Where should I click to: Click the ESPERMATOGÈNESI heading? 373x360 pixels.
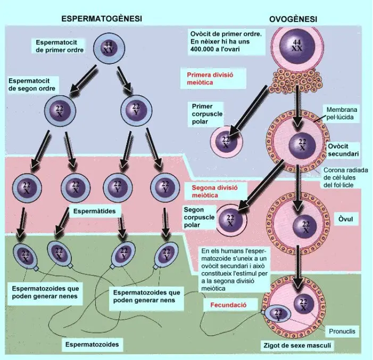click(102, 19)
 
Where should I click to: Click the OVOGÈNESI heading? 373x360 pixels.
click(293, 19)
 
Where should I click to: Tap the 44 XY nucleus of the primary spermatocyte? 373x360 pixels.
click(109, 48)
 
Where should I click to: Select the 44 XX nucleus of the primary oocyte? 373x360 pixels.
click(297, 46)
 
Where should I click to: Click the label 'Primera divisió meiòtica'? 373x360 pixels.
click(210, 79)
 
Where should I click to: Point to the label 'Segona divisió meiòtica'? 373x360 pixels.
click(214, 191)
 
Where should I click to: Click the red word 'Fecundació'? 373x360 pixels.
click(228, 305)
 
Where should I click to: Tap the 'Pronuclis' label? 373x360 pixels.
click(342, 331)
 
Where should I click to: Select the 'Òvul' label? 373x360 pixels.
click(345, 218)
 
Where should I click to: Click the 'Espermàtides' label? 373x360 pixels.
click(94, 211)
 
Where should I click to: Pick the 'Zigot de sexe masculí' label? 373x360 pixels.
click(297, 345)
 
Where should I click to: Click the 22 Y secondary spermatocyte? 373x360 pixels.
click(136, 110)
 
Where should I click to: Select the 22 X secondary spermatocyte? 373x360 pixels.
click(60, 111)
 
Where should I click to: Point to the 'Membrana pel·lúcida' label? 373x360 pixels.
click(342, 113)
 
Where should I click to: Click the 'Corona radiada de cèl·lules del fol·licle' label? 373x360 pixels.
click(345, 178)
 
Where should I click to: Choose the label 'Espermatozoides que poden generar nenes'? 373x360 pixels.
click(45, 292)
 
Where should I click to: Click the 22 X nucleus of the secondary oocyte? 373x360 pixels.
click(302, 144)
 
